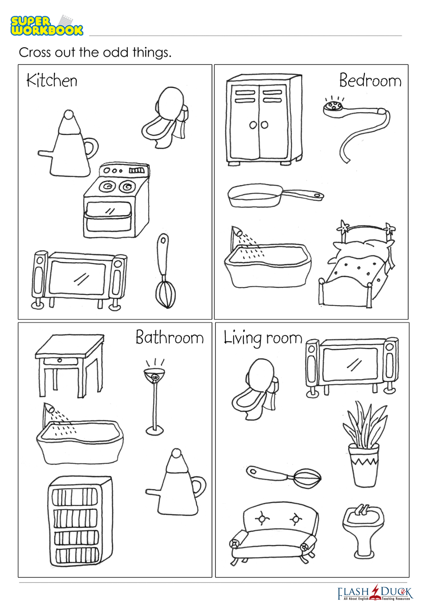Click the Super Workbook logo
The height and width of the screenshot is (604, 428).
pos(47,26)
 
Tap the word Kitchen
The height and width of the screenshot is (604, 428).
pos(52,80)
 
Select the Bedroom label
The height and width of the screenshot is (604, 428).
pos(370,80)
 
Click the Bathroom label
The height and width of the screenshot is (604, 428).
pos(169,337)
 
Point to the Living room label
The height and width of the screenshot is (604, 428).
pos(263,338)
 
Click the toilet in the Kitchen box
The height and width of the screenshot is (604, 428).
pos(165,117)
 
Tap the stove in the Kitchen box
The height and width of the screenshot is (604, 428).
pos(116,200)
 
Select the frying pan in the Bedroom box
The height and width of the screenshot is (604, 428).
pos(276,195)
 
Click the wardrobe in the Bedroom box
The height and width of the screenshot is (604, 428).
pos(264,119)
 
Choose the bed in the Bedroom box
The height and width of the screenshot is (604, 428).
pos(357,264)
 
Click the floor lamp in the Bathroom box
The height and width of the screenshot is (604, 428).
pos(154,396)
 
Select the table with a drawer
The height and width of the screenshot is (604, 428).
pos(69,365)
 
